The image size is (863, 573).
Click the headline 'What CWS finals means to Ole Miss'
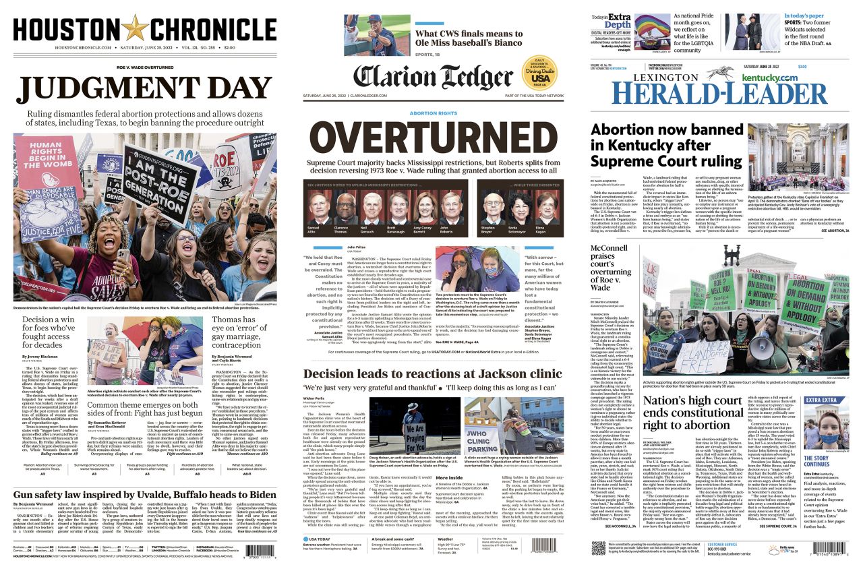tap(469, 39)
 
